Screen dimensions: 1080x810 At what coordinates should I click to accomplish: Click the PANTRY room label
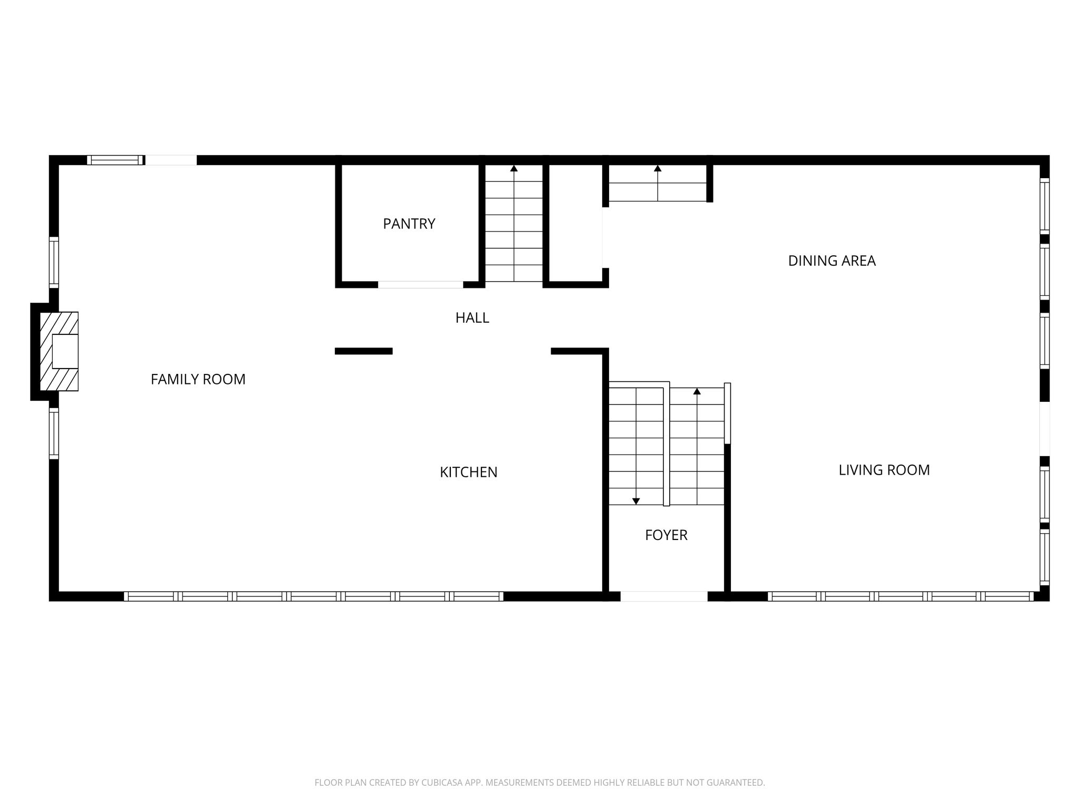pos(409,224)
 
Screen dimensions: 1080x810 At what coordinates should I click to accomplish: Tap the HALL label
pos(472,317)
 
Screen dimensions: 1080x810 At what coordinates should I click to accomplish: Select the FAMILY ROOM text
pos(198,379)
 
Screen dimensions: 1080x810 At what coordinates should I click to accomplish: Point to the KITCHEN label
pos(468,472)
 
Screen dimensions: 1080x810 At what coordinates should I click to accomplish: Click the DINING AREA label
pos(832,261)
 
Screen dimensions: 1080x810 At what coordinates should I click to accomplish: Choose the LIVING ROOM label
pos(884,470)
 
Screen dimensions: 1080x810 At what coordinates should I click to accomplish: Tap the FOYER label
pos(666,535)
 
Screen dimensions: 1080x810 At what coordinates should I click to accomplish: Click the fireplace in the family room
pos(59,351)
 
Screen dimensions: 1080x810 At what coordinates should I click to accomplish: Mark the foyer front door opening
pos(663,596)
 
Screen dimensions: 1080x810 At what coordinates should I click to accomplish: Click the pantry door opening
pos(420,285)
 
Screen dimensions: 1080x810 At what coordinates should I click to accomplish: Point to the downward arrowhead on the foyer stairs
pos(636,501)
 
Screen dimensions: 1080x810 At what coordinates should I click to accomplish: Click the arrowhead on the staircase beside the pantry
pos(514,169)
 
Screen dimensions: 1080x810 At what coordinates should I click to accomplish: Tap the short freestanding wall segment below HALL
pos(364,351)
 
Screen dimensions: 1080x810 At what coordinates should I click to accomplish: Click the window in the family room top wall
pos(115,160)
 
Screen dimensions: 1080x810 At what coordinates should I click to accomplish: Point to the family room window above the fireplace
pos(54,263)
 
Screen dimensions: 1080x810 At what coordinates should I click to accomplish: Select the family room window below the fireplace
pos(54,433)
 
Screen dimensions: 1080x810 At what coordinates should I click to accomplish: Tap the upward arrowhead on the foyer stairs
pos(697,391)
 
